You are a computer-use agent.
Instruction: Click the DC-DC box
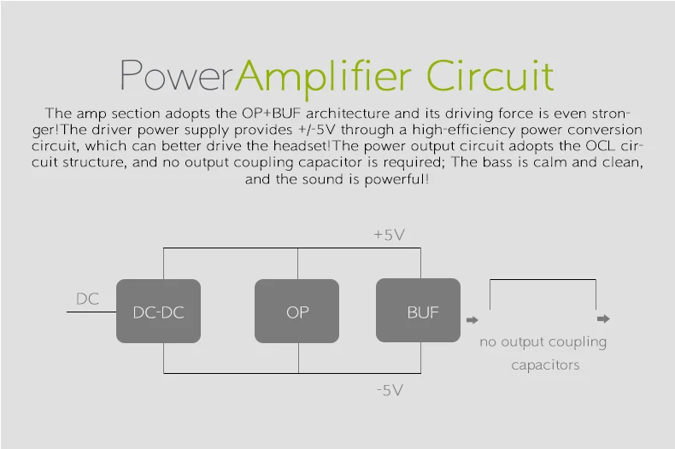pyautogui.click(x=158, y=311)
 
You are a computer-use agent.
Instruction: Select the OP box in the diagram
pyautogui.click(x=296, y=311)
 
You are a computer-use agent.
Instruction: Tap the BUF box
pyautogui.click(x=418, y=310)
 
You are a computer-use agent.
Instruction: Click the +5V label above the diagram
pyautogui.click(x=389, y=235)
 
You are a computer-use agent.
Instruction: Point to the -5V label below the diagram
pyautogui.click(x=390, y=390)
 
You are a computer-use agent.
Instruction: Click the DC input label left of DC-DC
pyautogui.click(x=87, y=299)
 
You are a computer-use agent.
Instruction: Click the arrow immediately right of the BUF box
pyautogui.click(x=472, y=320)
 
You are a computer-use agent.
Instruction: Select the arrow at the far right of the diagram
pyautogui.click(x=603, y=318)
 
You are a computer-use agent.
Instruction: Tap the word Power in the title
pyautogui.click(x=177, y=75)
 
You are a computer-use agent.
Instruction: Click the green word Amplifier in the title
pyautogui.click(x=323, y=79)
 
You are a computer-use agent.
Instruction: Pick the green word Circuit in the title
pyautogui.click(x=490, y=76)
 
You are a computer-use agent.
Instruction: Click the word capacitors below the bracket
pyautogui.click(x=545, y=365)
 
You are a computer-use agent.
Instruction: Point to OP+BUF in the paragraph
pyautogui.click(x=271, y=114)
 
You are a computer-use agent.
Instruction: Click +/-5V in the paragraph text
pyautogui.click(x=316, y=130)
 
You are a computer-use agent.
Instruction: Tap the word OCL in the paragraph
pyautogui.click(x=600, y=146)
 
